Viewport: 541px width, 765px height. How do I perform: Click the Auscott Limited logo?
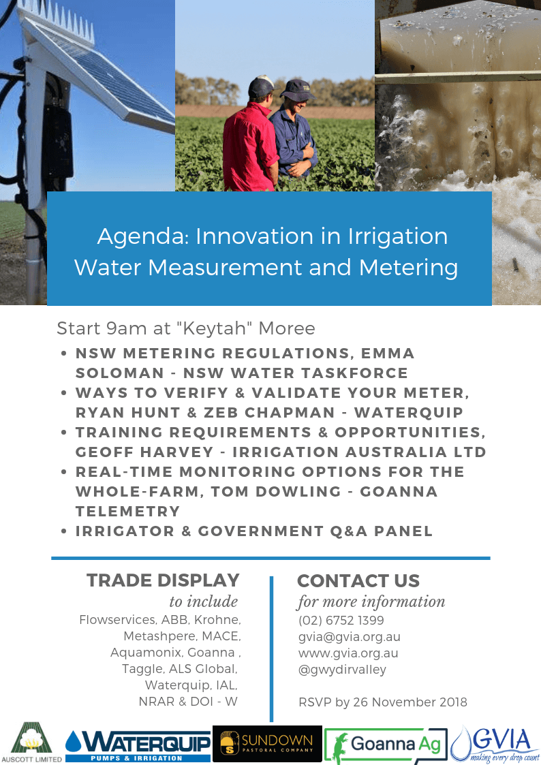pyautogui.click(x=31, y=743)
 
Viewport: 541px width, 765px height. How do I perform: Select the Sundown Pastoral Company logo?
pyautogui.click(x=267, y=743)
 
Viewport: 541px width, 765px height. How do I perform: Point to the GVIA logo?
pyautogui.click(x=495, y=744)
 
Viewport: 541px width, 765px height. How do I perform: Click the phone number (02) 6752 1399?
pyautogui.click(x=341, y=620)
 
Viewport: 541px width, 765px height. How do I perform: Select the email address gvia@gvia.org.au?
pyautogui.click(x=350, y=637)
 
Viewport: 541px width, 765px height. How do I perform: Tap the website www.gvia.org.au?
pyautogui.click(x=348, y=653)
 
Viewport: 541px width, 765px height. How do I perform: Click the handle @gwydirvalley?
pyautogui.click(x=342, y=670)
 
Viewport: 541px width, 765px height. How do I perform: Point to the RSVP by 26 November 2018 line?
pyautogui.click(x=383, y=702)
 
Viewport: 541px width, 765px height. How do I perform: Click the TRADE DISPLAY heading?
pyautogui.click(x=163, y=580)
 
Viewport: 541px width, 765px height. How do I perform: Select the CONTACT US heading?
pyautogui.click(x=358, y=580)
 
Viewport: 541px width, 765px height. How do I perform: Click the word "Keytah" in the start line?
pyautogui.click(x=218, y=328)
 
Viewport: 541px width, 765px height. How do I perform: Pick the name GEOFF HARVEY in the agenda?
pyautogui.click(x=144, y=452)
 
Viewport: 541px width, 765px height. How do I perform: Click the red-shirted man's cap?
pyautogui.click(x=260, y=87)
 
